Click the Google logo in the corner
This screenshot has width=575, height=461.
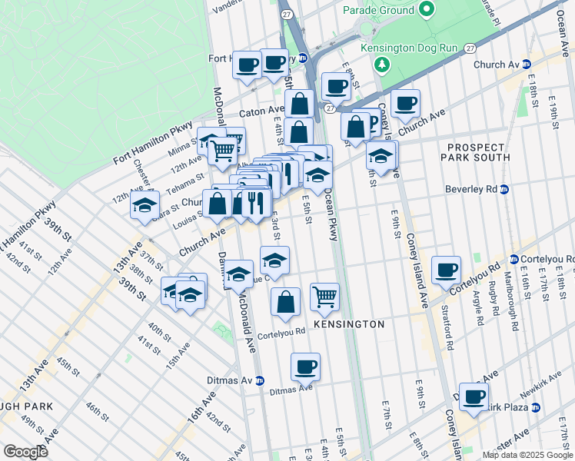coord(27,452)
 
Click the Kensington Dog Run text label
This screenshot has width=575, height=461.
coord(415,48)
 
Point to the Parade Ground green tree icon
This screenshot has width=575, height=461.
coord(427,10)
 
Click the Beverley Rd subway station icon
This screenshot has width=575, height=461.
coord(504,189)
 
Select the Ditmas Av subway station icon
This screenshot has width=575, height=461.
coord(260,380)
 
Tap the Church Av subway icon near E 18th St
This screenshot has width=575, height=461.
coord(527,65)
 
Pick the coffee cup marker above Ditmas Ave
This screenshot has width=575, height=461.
coord(306,366)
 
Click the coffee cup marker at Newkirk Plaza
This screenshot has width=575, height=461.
coord(474,396)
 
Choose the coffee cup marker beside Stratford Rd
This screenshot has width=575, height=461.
coord(446,270)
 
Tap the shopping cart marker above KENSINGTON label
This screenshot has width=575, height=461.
coord(325,295)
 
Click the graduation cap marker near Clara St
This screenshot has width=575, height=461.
coord(144,205)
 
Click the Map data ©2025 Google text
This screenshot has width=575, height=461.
coord(527,455)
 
